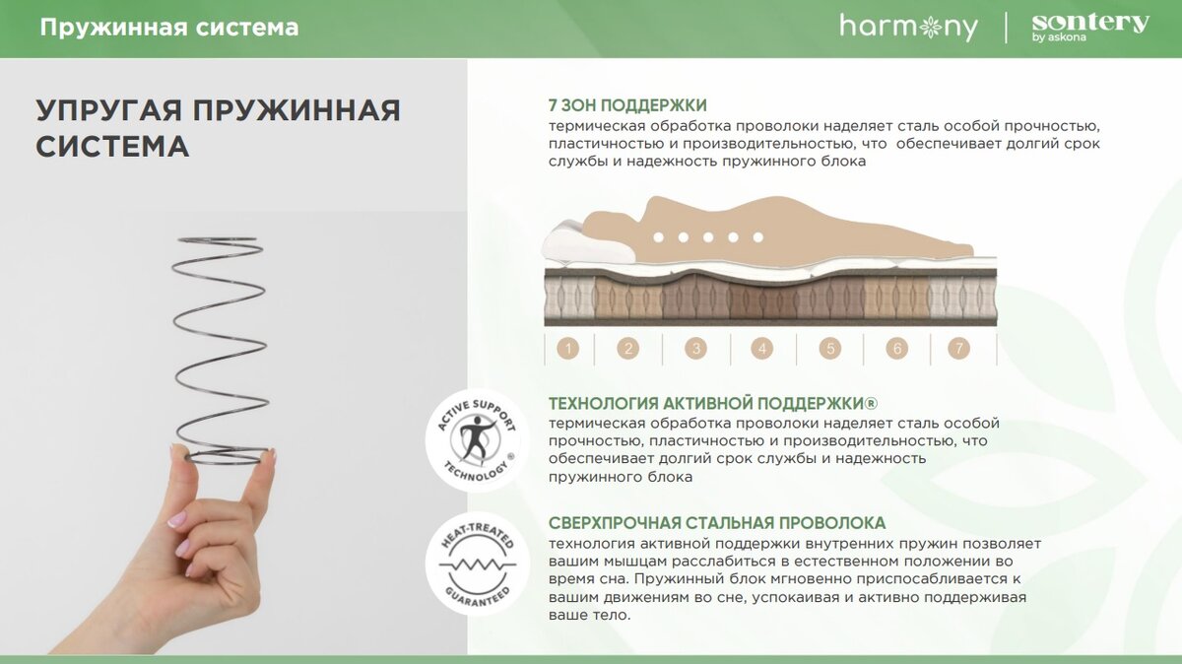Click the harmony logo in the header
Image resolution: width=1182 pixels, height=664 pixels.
(908, 28)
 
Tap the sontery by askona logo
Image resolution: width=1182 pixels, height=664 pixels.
(1090, 28)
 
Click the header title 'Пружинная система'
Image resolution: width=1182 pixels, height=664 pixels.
(169, 28)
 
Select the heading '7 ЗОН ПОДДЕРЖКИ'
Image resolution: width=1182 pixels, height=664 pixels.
(627, 105)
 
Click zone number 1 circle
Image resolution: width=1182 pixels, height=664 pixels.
(567, 349)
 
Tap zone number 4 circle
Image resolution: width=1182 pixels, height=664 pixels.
(762, 349)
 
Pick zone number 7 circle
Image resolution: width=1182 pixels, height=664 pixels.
(958, 349)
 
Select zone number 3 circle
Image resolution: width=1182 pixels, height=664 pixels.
(696, 349)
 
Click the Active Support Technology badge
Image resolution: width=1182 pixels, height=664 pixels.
(478, 440)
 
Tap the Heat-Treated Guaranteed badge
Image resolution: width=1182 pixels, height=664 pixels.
(478, 564)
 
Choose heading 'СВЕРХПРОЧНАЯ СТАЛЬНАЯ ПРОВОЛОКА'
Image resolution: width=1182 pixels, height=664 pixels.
(717, 523)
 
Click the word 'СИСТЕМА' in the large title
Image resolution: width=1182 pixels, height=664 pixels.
(112, 146)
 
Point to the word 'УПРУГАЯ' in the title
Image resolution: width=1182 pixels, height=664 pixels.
(109, 111)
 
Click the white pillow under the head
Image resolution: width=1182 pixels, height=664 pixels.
(588, 242)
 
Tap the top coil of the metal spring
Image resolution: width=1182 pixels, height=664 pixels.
(220, 241)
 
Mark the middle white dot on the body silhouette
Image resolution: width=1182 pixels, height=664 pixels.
(708, 237)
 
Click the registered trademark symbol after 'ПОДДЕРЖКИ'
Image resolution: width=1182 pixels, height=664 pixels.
(871, 404)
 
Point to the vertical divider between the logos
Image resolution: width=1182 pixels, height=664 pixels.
(1006, 28)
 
